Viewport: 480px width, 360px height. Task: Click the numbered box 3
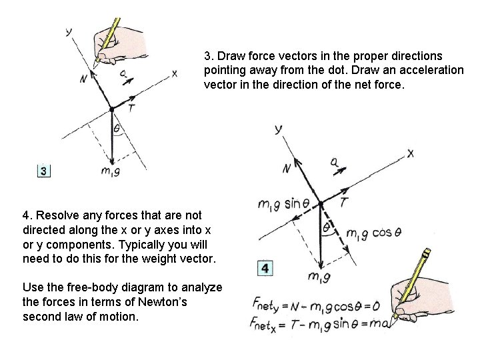click(43, 171)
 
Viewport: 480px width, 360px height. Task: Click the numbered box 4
click(265, 269)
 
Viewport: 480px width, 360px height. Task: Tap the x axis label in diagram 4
click(410, 153)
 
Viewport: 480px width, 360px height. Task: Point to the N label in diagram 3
click(83, 79)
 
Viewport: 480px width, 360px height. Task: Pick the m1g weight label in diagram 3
click(110, 171)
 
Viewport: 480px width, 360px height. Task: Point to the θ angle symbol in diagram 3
click(116, 128)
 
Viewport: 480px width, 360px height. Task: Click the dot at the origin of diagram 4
click(321, 202)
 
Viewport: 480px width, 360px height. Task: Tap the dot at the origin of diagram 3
click(111, 107)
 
